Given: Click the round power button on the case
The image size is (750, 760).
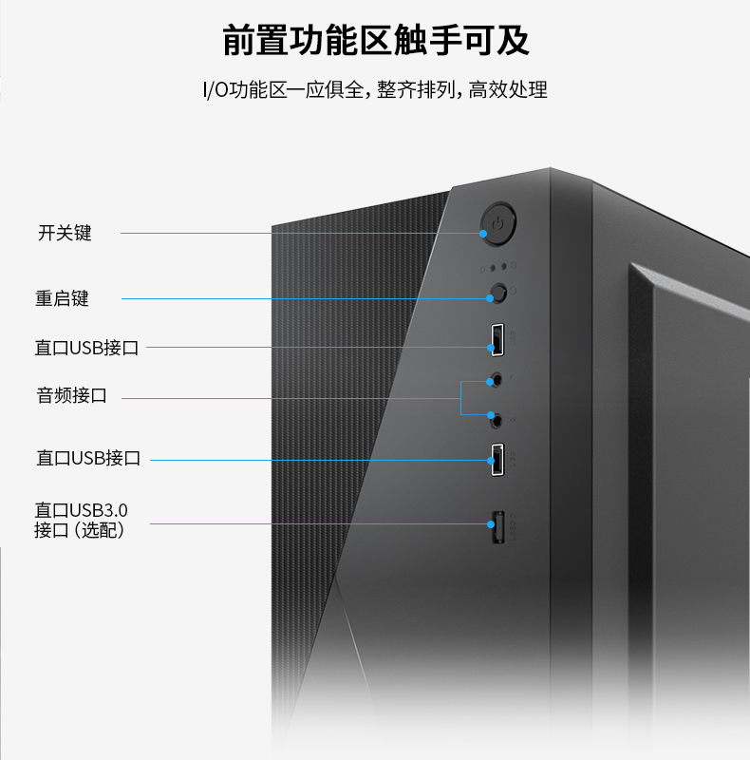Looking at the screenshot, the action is pyautogui.click(x=498, y=223).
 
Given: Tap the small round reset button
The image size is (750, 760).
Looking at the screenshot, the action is pyautogui.click(x=498, y=293).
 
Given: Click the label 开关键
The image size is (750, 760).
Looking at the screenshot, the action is pyautogui.click(x=65, y=233).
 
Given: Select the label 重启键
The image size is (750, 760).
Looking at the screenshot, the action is pyautogui.click(x=62, y=298).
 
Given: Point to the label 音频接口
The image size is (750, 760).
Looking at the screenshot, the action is pyautogui.click(x=72, y=395).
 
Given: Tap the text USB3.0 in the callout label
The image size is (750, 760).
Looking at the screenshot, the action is pyautogui.click(x=99, y=510).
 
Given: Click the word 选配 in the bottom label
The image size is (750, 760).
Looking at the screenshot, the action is pyautogui.click(x=99, y=530).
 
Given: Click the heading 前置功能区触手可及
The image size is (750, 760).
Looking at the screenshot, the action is pyautogui.click(x=376, y=41).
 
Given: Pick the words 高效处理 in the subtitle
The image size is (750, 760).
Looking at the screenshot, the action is pyautogui.click(x=508, y=90).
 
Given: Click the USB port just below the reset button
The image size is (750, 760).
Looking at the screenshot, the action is pyautogui.click(x=497, y=340).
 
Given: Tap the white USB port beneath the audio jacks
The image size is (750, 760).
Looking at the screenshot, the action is pyautogui.click(x=497, y=460).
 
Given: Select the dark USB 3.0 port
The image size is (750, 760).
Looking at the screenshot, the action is pyautogui.click(x=498, y=527).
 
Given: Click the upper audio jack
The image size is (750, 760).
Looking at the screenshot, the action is pyautogui.click(x=497, y=378).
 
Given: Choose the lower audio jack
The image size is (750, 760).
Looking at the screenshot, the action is pyautogui.click(x=497, y=421).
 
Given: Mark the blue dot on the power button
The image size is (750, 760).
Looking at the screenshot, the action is pyautogui.click(x=483, y=234).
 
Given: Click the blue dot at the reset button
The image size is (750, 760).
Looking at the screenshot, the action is pyautogui.click(x=490, y=298).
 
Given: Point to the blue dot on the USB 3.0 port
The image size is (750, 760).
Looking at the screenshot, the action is pyautogui.click(x=491, y=524).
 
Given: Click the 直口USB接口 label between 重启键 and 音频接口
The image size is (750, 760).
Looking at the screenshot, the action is pyautogui.click(x=86, y=348).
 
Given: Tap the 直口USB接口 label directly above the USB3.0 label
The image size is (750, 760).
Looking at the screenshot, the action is pyautogui.click(x=88, y=458).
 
